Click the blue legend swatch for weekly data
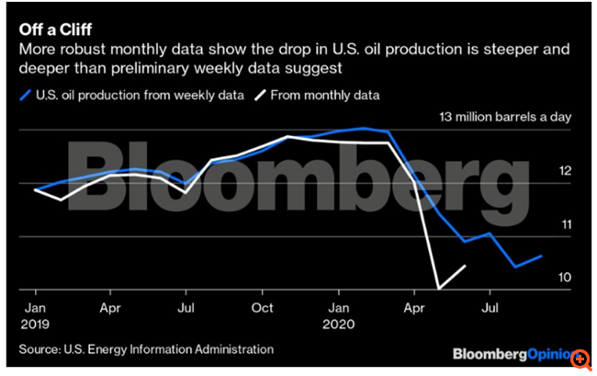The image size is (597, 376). coord(26,94)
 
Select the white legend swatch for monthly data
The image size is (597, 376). coord(261,94)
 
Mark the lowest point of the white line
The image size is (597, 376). coord(440,289)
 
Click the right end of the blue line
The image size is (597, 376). coord(542,256)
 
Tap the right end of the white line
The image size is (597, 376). coord(466,266)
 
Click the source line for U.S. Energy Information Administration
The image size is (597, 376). coord(145,349)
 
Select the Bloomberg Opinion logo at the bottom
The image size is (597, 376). coord(510,352)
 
